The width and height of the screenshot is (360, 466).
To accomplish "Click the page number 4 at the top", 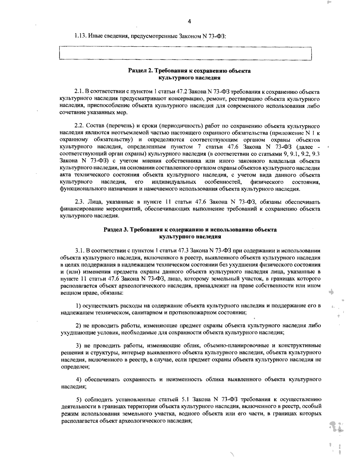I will (189, 21).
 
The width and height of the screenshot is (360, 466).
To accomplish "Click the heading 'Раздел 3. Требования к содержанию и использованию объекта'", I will (190, 230).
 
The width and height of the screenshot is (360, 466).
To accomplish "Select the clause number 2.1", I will (79, 91).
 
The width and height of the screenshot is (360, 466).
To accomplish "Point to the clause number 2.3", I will (79, 201).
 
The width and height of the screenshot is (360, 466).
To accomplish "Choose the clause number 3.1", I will (80, 251).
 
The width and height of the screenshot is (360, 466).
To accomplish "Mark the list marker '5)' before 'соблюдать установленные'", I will (79, 399).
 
